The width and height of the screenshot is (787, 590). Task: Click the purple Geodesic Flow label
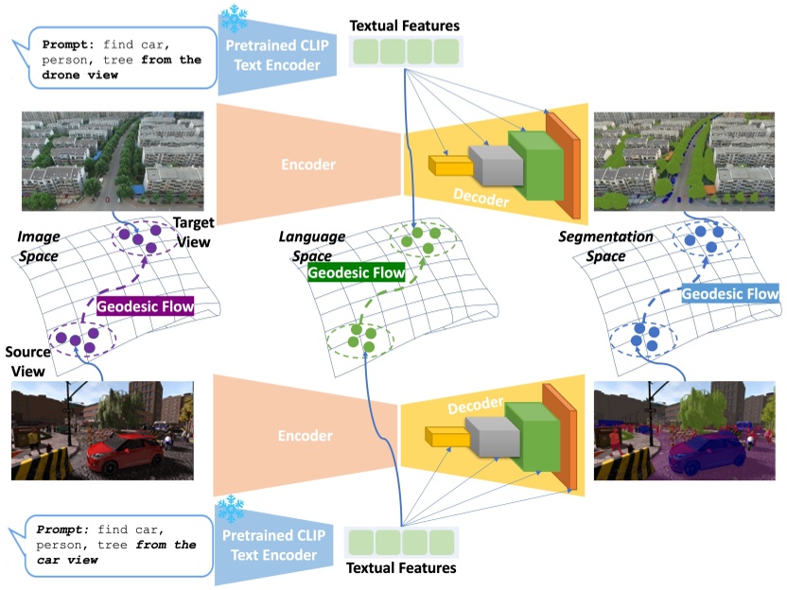click(x=145, y=306)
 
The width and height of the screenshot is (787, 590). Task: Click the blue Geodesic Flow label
click(x=730, y=294)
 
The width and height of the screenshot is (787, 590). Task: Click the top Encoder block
click(x=308, y=165)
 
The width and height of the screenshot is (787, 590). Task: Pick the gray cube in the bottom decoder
click(x=483, y=430)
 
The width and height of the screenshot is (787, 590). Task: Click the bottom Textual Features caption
click(x=401, y=568)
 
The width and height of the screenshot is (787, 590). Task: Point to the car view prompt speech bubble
click(x=111, y=545)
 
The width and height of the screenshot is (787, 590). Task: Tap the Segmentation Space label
click(x=618, y=246)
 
